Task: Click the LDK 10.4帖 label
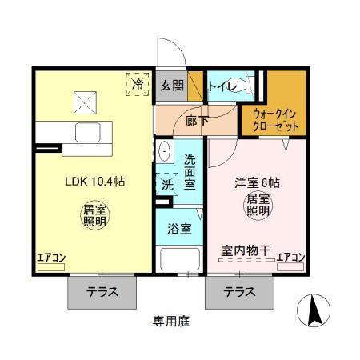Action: (94, 182)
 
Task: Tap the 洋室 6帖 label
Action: (256, 182)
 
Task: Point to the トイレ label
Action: (222, 86)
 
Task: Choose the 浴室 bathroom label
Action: (179, 229)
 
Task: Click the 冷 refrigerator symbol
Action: (138, 83)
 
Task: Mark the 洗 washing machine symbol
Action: (167, 184)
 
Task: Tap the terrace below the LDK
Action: (102, 292)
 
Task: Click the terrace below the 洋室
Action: (240, 292)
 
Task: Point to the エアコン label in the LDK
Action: (50, 258)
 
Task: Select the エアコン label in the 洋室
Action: (291, 258)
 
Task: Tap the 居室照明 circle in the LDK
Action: (94, 217)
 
